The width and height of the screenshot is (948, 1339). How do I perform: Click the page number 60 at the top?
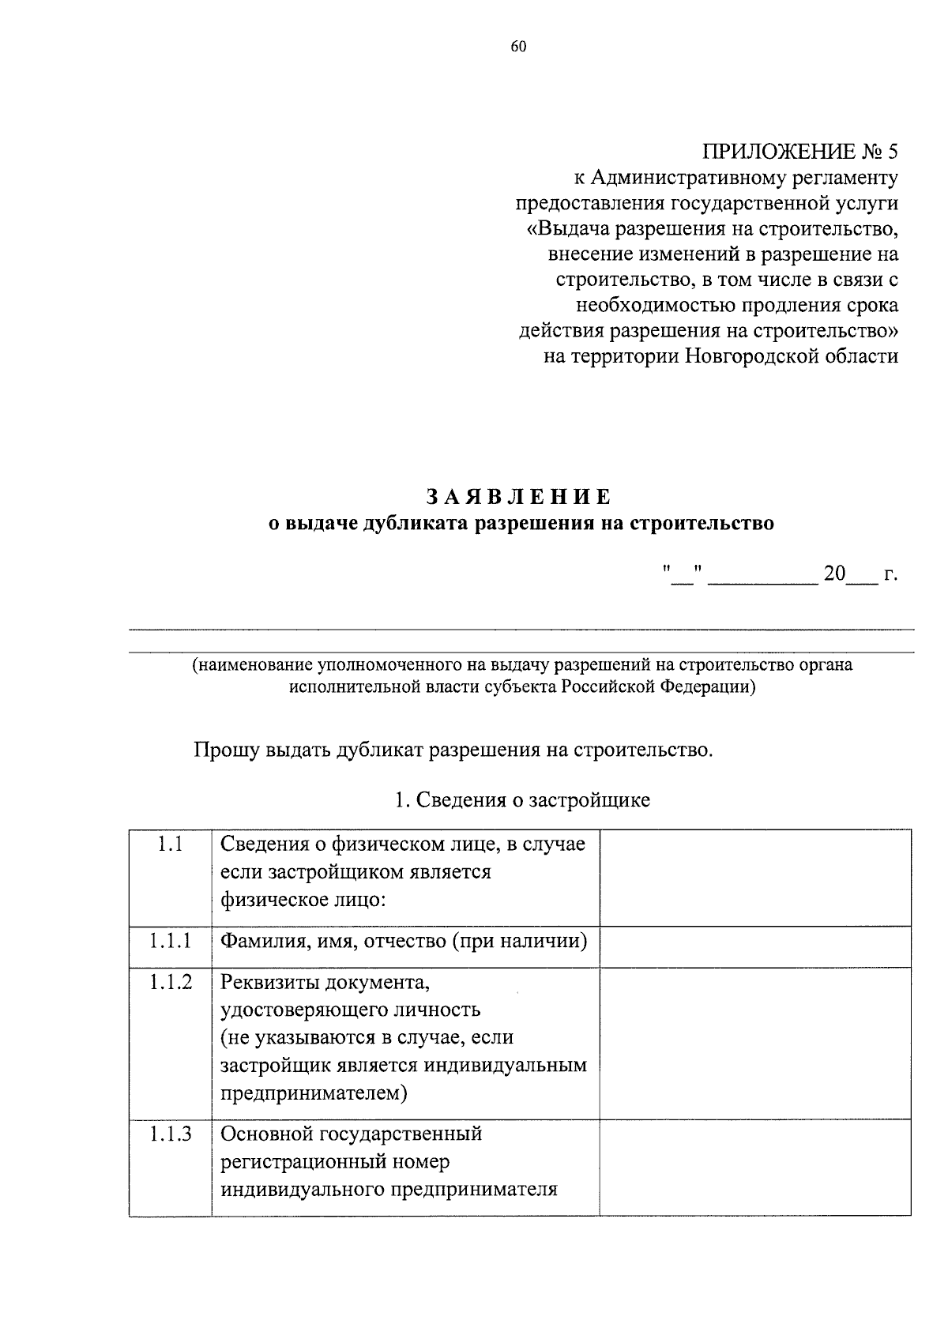518,47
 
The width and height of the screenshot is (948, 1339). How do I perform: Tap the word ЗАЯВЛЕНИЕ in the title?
518,497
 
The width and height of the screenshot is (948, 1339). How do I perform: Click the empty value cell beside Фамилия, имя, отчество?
754,946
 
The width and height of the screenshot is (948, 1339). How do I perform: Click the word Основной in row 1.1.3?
266,1134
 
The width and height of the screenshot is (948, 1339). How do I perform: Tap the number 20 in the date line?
834,574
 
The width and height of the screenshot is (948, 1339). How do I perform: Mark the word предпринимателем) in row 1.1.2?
314,1093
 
